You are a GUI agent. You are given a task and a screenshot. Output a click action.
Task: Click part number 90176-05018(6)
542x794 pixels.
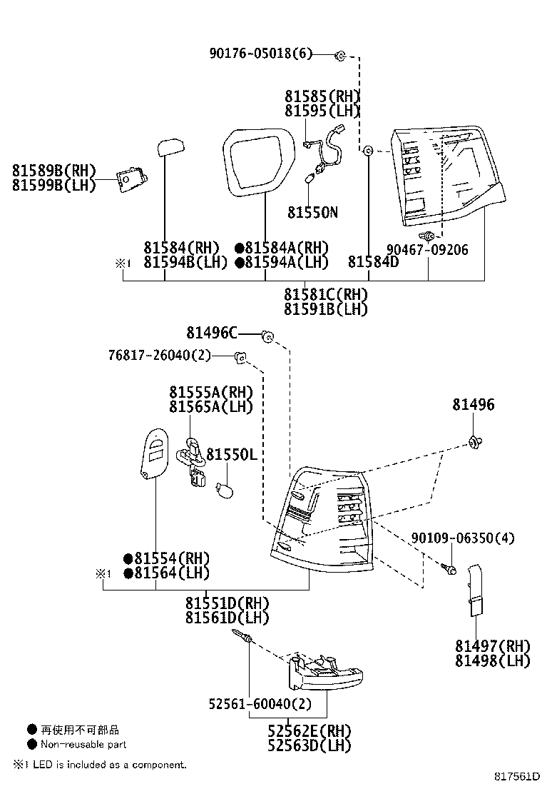261,54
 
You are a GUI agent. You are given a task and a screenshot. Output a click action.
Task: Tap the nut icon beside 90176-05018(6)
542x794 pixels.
341,54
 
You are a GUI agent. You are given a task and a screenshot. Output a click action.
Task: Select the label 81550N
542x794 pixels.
312,212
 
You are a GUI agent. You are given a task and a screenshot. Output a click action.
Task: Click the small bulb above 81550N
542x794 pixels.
310,179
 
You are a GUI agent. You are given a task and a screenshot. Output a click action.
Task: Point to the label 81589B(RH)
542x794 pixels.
53,170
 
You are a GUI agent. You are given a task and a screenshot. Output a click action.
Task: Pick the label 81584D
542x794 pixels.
373,262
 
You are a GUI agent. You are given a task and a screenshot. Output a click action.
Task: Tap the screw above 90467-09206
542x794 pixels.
427,236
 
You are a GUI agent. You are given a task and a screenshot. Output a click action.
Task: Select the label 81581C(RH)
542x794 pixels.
326,294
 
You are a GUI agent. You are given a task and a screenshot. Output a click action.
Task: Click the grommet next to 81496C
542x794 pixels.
267,336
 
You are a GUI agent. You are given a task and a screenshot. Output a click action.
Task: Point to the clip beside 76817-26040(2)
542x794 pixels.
241,356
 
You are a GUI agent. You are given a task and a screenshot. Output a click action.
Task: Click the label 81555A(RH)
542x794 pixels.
212,392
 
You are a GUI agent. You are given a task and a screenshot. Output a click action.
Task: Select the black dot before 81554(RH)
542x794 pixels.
128,558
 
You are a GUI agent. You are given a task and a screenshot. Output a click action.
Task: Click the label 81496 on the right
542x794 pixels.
473,405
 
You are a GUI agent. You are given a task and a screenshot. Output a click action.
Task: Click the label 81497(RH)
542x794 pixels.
493,646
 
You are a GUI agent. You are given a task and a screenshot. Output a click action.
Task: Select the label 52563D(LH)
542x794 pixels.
310,745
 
